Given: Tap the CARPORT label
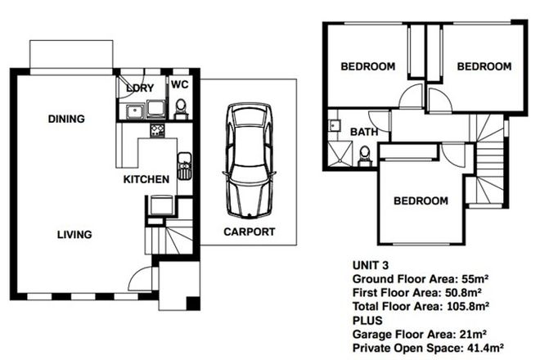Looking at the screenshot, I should point(249,232).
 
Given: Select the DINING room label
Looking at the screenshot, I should point(66,119).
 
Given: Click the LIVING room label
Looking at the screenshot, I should point(74,235).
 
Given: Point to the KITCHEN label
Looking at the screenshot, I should point(146,179).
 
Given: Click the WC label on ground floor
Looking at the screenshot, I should point(180,84).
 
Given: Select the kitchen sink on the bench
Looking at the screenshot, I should point(185,164).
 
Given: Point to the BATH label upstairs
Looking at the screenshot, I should point(363,132).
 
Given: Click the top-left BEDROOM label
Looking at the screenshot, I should point(368,66).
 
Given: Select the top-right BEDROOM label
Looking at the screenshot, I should point(484,66).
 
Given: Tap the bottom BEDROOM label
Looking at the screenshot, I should point(421,200).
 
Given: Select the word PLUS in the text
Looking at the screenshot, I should point(366,319).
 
